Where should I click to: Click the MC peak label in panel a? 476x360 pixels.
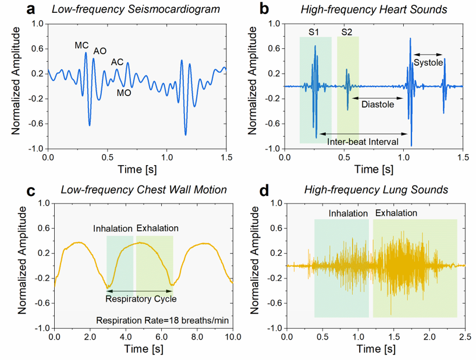[x=81, y=45]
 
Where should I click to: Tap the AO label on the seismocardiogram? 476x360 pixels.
[x=100, y=51]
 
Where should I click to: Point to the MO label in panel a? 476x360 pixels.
[x=124, y=92]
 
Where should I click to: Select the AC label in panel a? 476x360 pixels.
[x=118, y=62]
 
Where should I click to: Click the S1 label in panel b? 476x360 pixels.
[x=313, y=31]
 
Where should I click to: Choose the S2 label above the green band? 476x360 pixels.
[x=347, y=31]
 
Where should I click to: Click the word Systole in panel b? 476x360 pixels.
[x=428, y=63]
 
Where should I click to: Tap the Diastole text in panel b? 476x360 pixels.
[x=377, y=105]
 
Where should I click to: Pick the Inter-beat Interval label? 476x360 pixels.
[x=362, y=141]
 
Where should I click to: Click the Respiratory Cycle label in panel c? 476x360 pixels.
[x=140, y=299]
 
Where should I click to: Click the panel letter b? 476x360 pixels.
[x=265, y=9]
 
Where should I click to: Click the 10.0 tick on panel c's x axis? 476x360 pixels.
[x=232, y=337]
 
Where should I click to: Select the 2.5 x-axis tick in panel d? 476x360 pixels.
[x=464, y=337]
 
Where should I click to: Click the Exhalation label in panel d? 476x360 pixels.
[x=396, y=213]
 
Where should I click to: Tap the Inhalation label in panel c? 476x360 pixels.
[x=113, y=228]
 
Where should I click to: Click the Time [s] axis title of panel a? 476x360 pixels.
[x=137, y=170]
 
